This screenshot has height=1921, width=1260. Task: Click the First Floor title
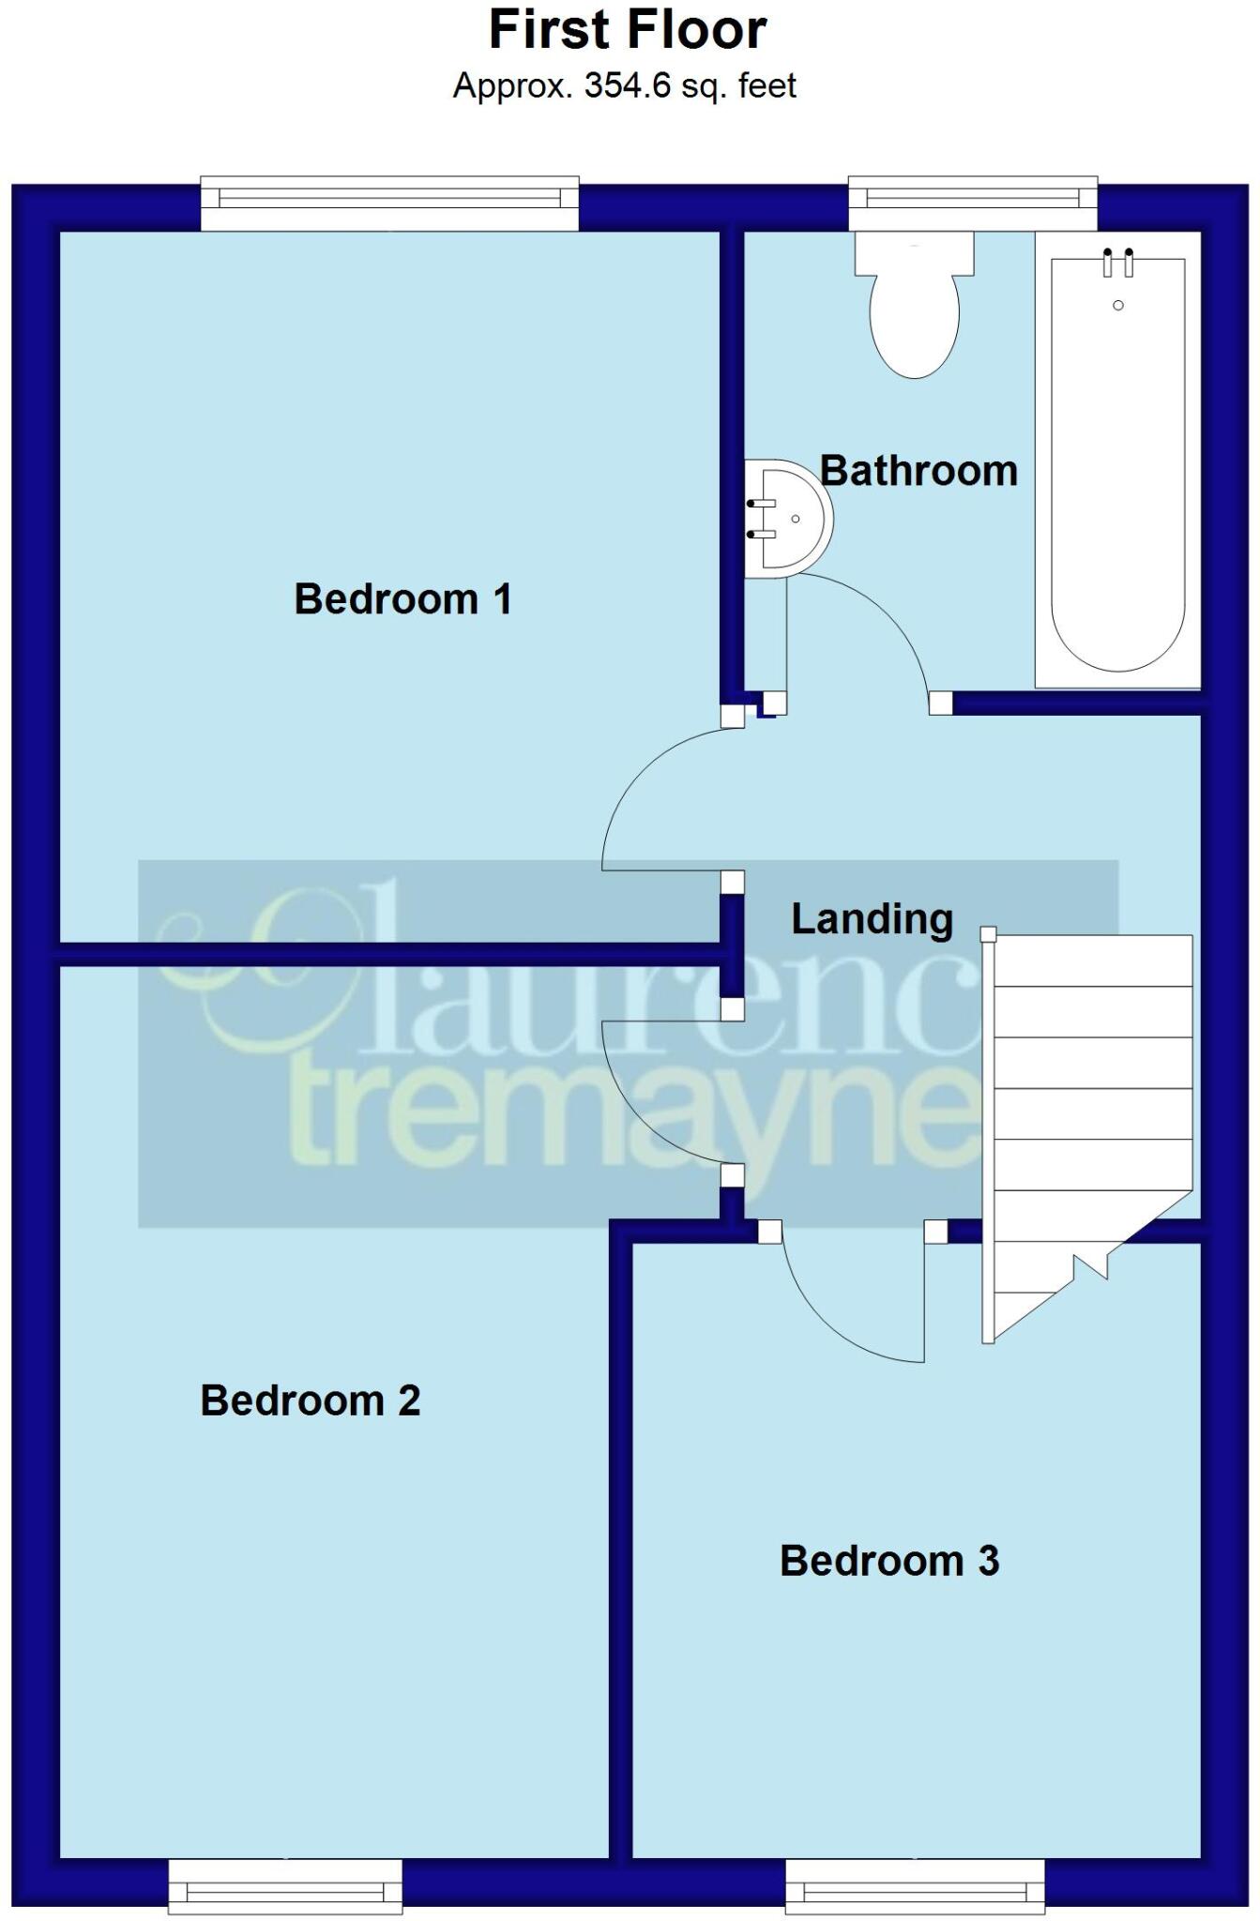click(628, 30)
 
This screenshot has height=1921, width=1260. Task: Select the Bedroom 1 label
click(403, 599)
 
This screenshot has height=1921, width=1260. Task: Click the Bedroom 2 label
click(311, 1401)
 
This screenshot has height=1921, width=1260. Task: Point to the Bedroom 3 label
click(889, 1561)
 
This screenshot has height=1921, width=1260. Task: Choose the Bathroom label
click(919, 471)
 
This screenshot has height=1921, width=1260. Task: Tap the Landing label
click(872, 919)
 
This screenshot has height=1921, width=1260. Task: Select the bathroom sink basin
click(789, 518)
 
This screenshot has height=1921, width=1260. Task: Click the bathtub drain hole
click(1117, 306)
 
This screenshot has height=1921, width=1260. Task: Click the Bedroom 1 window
click(389, 202)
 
